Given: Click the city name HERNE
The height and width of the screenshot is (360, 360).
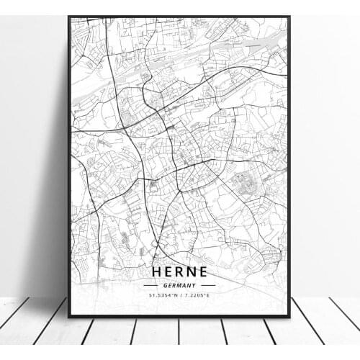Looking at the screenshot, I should click(x=179, y=272).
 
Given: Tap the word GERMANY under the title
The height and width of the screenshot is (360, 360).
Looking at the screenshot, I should click(x=179, y=285).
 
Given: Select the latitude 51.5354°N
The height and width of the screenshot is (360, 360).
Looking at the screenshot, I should click(x=161, y=294).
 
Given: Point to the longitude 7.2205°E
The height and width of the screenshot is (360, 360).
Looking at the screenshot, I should click(x=199, y=294).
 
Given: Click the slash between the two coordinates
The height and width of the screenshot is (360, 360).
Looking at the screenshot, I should click(x=180, y=294).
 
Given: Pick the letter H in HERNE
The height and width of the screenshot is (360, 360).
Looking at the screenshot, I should click(x=156, y=272).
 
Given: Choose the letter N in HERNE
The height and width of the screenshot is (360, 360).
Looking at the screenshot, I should click(x=192, y=272).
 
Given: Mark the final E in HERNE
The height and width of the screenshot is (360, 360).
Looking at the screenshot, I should click(x=203, y=272).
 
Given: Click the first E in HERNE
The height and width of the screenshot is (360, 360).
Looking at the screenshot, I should click(x=168, y=272).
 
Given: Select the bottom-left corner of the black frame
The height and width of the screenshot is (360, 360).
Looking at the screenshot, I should click(x=69, y=316).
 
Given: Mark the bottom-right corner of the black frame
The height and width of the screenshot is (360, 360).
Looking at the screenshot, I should click(x=291, y=316).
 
